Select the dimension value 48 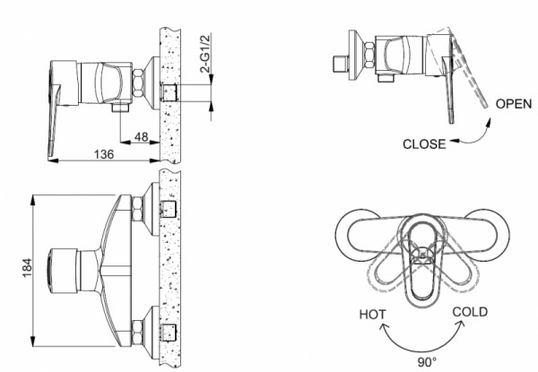pyautogui.click(x=140, y=137)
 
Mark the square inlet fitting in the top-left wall pyautogui.click(x=168, y=92)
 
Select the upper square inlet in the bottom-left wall pyautogui.click(x=167, y=211)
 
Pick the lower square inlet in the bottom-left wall pyautogui.click(x=167, y=329)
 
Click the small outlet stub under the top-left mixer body pyautogui.click(x=119, y=107)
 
